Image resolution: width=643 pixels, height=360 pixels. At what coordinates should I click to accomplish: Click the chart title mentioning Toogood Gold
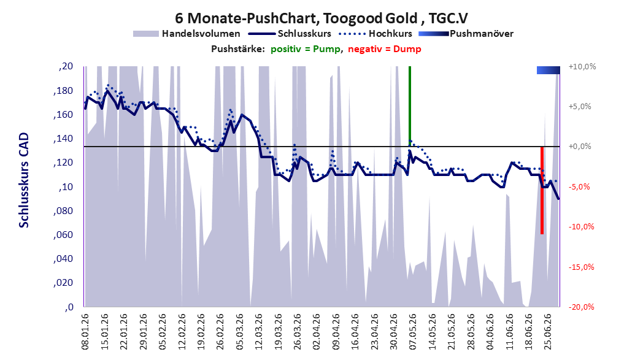coord(321,18)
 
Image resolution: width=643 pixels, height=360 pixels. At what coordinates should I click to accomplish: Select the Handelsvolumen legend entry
coord(187,34)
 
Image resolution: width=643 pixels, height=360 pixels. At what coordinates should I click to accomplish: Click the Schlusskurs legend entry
coord(290,34)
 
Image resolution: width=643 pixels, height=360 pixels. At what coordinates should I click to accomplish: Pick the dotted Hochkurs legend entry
coord(375,34)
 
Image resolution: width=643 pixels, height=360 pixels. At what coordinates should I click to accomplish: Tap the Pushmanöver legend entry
coord(466,34)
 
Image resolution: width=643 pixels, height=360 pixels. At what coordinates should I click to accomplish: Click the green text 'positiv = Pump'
coord(306,49)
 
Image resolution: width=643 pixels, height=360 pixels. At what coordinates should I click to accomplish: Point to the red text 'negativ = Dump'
coord(385,49)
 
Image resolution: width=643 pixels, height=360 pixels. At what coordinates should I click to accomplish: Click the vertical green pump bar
coord(410,106)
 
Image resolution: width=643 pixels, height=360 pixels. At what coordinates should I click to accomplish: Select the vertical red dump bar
coord(542,190)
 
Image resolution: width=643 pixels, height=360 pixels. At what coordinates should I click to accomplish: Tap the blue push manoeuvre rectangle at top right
coord(549,70)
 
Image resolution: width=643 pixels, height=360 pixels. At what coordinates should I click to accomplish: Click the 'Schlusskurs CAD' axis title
coord(24,180)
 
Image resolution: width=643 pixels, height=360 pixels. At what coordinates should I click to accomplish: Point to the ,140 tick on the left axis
coord(63,139)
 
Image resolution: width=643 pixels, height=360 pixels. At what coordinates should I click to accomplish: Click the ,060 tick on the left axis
coord(63,235)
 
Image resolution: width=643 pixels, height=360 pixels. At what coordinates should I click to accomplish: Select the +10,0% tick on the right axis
coord(582,66)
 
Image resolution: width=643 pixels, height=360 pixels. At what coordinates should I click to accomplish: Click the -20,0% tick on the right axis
coord(582,307)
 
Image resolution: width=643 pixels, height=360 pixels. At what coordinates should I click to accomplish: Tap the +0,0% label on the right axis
coord(580,147)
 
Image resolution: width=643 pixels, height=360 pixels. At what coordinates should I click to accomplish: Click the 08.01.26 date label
coord(85,332)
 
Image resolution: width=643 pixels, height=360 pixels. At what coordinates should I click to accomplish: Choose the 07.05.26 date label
coord(412,332)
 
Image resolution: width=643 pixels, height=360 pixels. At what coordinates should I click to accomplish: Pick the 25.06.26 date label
coord(547,332)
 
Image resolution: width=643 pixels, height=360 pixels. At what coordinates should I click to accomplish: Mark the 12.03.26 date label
coord(258,332)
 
